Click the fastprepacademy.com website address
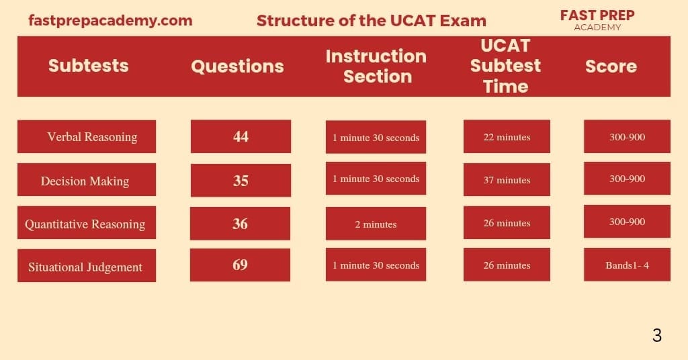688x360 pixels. (x=110, y=20)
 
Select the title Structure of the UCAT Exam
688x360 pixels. (x=371, y=20)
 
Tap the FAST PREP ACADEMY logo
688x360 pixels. (x=597, y=19)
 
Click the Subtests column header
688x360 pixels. (x=88, y=66)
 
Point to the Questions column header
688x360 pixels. (x=237, y=66)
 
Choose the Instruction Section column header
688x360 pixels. (x=376, y=66)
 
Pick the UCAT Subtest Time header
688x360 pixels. (x=505, y=66)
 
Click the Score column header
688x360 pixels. (x=611, y=66)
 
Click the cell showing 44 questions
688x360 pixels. (x=241, y=137)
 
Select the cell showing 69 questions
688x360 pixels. (x=240, y=265)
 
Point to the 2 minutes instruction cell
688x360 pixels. (x=376, y=224)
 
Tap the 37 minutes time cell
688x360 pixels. (x=507, y=180)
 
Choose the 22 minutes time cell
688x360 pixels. (x=507, y=137)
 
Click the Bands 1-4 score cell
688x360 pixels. (x=627, y=265)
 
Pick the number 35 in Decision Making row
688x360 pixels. (x=241, y=181)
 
